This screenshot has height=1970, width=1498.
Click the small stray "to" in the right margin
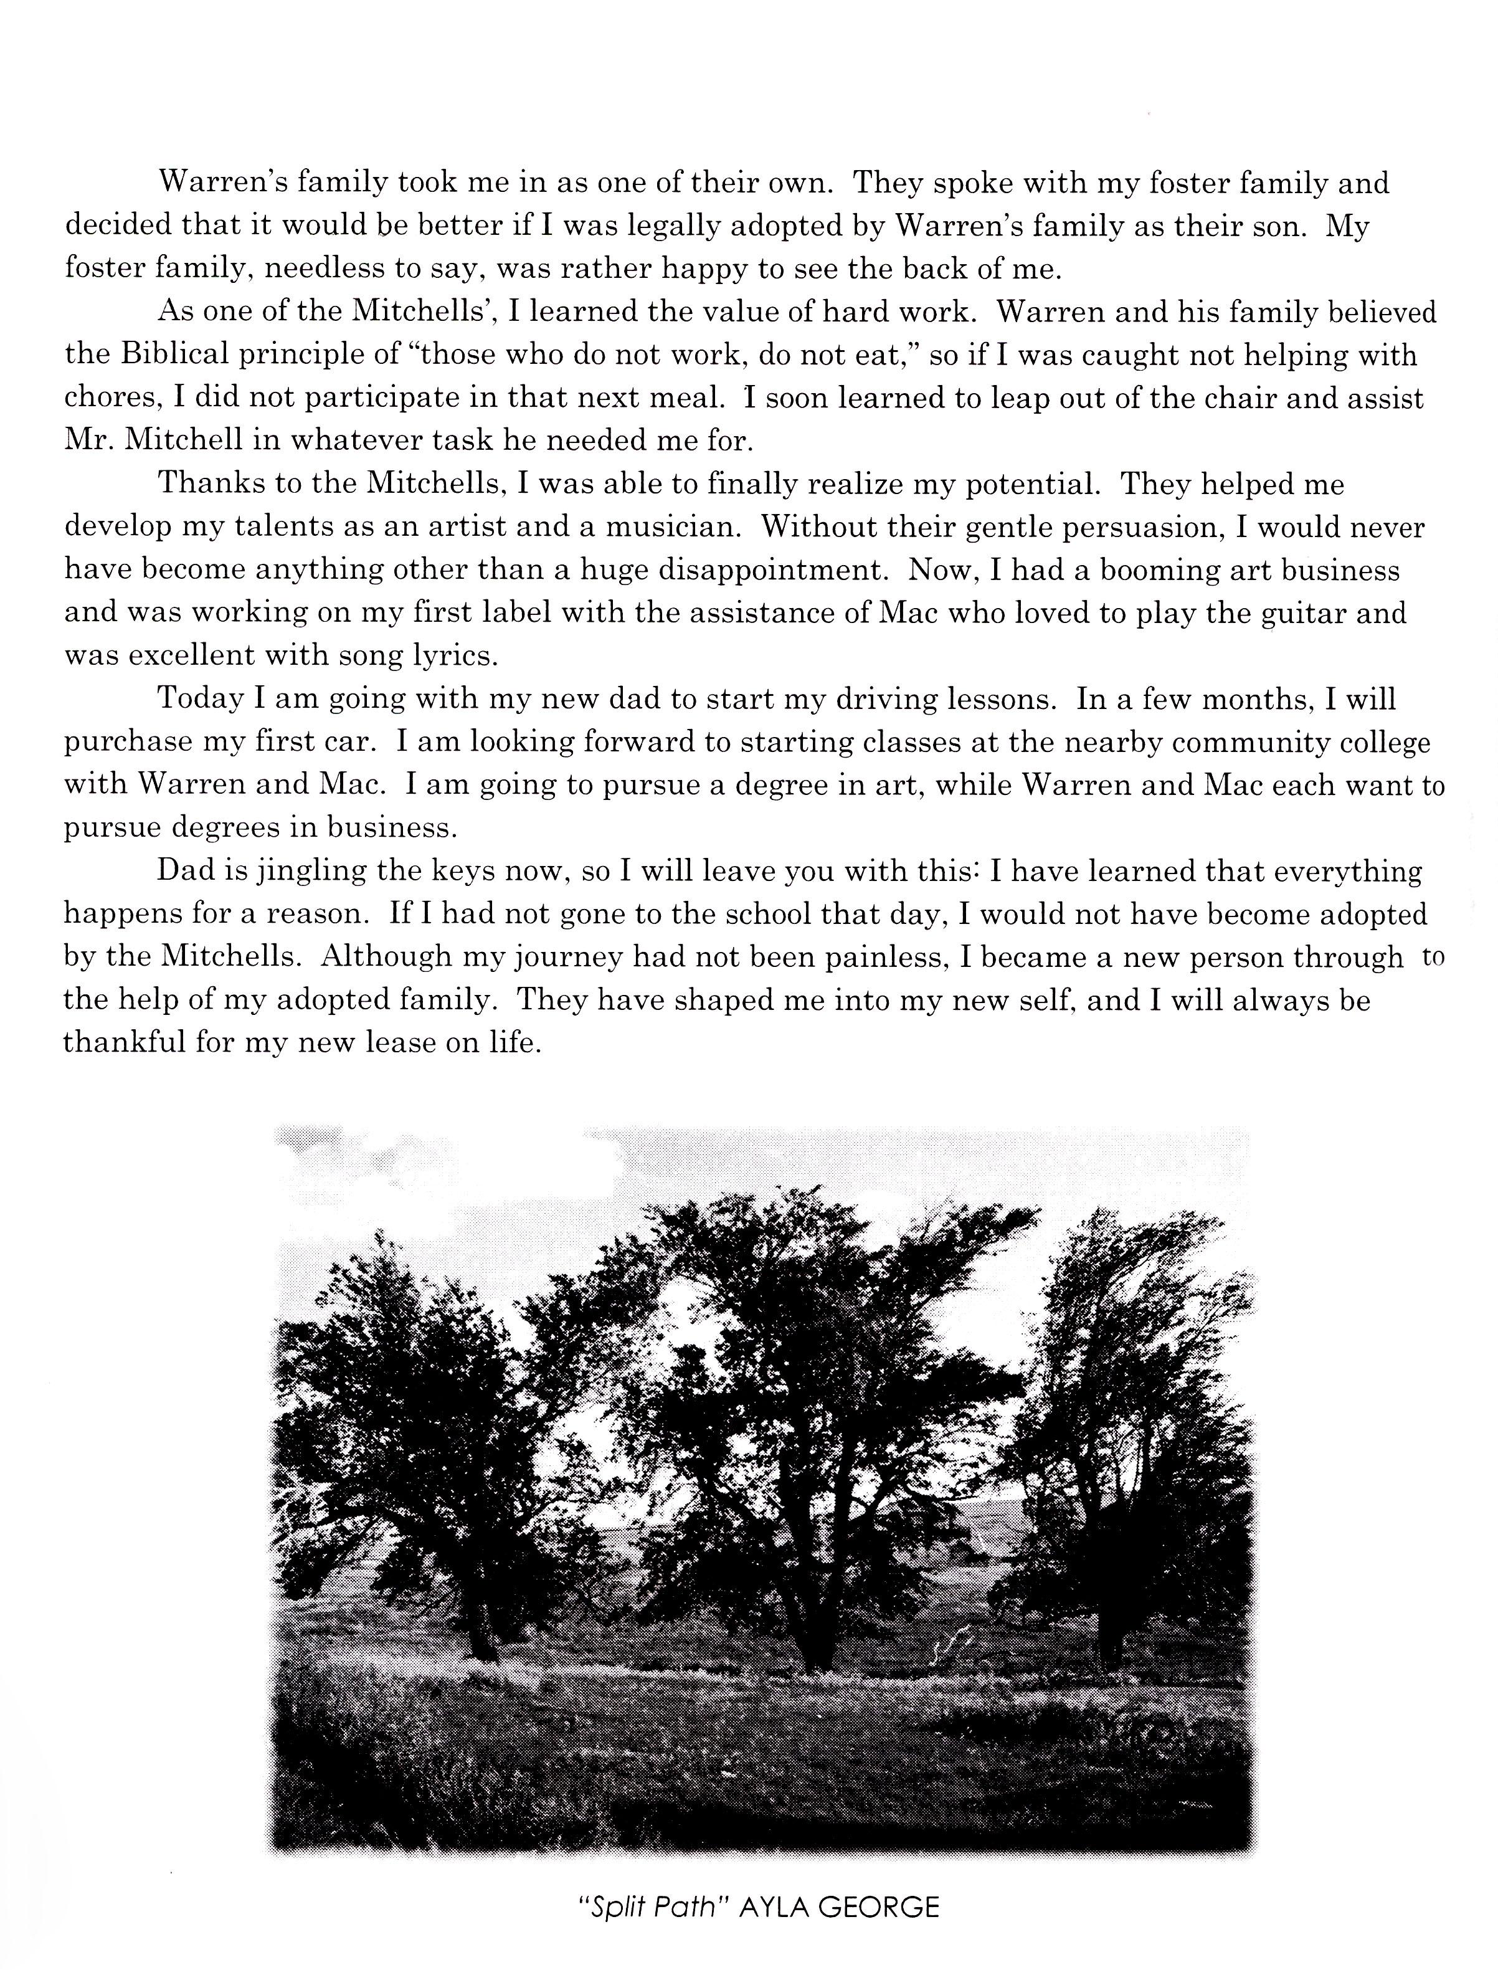(1432, 958)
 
